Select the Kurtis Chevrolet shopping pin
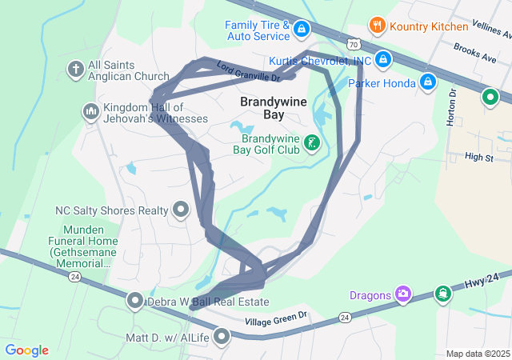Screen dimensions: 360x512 pos(383,60)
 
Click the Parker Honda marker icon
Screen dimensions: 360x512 pos(428,82)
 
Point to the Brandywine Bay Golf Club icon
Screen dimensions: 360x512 pos(313,142)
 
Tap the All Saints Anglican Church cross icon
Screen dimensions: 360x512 pos(76,69)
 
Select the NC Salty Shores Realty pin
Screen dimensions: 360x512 pos(180,210)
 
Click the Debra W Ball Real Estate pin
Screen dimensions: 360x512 pos(135,302)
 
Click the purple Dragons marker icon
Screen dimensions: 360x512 pos(404,295)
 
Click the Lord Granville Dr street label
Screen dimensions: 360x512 pos(248,73)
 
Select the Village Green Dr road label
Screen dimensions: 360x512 pos(276,318)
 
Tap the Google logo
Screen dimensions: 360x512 pos(27,350)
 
